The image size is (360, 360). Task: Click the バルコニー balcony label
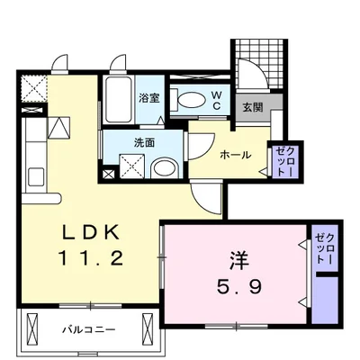[x=87, y=329]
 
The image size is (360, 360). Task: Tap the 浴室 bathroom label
[x=148, y=97]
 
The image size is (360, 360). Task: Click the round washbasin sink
[x=163, y=166]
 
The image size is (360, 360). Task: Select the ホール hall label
[x=237, y=155]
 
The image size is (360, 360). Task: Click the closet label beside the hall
[x=283, y=159]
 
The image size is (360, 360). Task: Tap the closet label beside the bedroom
[x=322, y=247]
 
